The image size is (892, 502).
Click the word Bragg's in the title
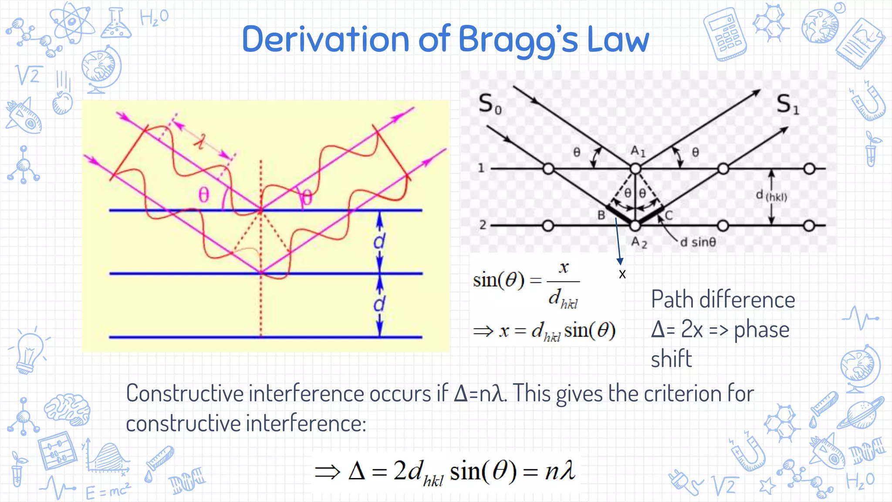[518, 40]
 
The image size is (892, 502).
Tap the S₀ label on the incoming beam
[490, 105]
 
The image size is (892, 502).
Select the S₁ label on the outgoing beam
[788, 105]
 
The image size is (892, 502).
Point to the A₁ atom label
[638, 151]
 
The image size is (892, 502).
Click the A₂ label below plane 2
[639, 242]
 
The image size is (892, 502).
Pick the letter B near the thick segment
[601, 215]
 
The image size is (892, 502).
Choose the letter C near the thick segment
[669, 215]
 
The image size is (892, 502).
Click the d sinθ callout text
[698, 242]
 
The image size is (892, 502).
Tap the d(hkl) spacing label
[771, 196]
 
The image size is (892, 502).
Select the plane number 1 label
[481, 168]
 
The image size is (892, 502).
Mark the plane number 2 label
[483, 225]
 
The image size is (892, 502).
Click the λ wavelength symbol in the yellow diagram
[200, 141]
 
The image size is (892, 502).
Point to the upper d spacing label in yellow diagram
[379, 241]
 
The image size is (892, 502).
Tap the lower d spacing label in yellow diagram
[379, 304]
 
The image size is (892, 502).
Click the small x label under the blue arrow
[622, 275]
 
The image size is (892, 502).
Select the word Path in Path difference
[673, 300]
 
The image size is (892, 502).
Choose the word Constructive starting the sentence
[185, 393]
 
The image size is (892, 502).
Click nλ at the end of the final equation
[560, 471]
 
